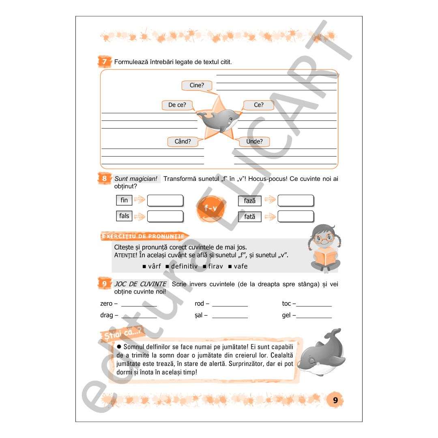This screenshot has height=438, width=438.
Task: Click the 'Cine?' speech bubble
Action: click(x=197, y=85)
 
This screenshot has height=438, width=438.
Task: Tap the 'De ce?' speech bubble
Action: click(x=177, y=105)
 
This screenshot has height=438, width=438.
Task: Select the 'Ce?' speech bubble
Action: click(x=259, y=105)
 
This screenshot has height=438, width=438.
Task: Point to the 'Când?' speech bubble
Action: click(x=182, y=142)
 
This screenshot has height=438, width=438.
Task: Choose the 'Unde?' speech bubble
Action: click(x=254, y=142)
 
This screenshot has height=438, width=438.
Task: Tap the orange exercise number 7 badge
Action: click(x=105, y=62)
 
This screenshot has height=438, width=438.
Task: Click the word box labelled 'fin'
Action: click(x=124, y=200)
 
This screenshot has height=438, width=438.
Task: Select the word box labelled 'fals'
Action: click(x=124, y=216)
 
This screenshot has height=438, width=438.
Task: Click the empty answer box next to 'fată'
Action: click(x=296, y=216)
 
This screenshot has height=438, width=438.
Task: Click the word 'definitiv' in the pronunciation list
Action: click(x=184, y=266)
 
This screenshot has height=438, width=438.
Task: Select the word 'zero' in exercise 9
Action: click(x=106, y=303)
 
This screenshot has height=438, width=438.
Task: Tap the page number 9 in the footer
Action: click(x=335, y=400)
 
